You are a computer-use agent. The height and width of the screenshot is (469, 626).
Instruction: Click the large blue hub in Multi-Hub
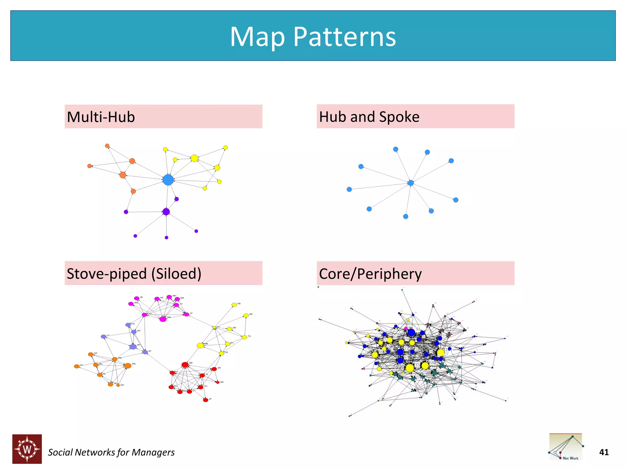168,180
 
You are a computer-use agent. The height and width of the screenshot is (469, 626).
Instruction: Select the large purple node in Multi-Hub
166,212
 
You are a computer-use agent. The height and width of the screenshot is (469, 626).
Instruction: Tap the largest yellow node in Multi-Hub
194,158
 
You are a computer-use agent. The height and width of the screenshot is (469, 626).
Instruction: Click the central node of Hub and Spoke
411,183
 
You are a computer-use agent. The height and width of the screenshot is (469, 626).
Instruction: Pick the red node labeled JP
206,400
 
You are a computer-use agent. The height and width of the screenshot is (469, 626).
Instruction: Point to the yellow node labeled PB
234,305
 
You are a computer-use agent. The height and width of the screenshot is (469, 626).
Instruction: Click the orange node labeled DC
77,366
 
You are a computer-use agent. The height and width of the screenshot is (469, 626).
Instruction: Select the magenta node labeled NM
163,319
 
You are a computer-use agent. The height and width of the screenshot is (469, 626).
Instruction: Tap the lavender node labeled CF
104,336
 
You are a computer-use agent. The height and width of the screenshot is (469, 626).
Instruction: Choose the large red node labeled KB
185,365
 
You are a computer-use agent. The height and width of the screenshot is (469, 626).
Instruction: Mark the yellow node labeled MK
200,345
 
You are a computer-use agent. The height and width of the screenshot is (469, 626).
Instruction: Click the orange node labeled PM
128,365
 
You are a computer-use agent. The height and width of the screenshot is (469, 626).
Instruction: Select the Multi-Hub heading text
101,117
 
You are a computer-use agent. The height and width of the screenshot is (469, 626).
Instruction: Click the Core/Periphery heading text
370,274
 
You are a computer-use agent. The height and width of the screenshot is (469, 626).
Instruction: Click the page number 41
604,452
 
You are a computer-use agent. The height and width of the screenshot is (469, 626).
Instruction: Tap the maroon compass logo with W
27,449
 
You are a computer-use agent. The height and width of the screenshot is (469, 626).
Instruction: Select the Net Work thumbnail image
566,447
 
